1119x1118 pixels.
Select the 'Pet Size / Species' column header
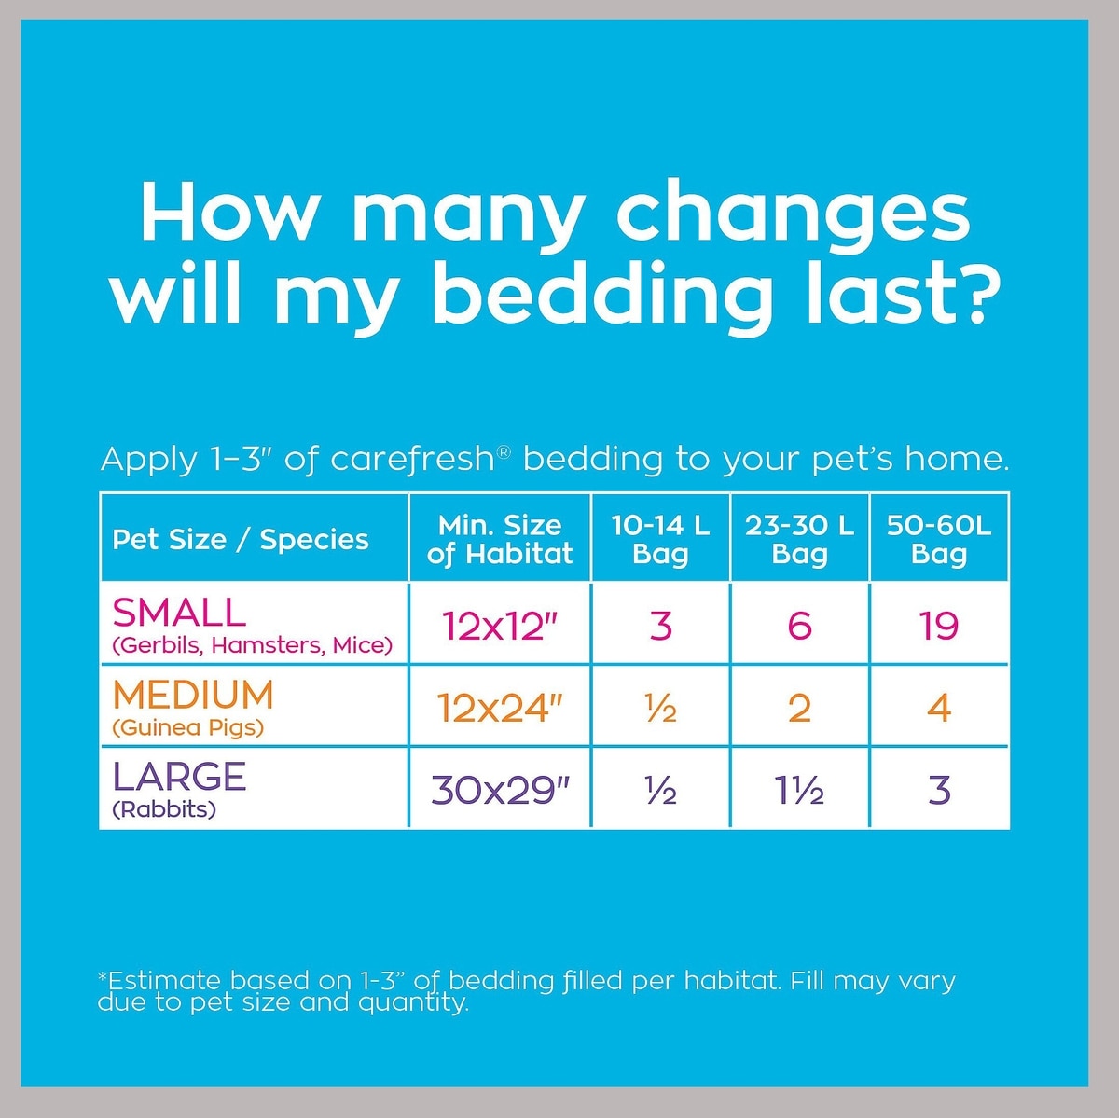241,539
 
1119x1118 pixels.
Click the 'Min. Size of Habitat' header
500,539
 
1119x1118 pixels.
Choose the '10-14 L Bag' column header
660,539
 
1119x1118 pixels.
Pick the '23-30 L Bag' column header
799,539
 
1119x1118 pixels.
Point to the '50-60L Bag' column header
939,539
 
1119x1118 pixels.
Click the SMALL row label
179,613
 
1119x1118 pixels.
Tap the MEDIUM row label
193,696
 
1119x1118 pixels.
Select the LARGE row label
179,777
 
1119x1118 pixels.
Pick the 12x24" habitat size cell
500,709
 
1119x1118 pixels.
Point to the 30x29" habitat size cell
500,791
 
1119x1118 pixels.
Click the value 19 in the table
939,626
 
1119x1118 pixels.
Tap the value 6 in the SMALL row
799,626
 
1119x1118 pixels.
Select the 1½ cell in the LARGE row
799,791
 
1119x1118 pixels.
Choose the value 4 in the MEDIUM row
939,709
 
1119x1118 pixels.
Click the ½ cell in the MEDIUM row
660,710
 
